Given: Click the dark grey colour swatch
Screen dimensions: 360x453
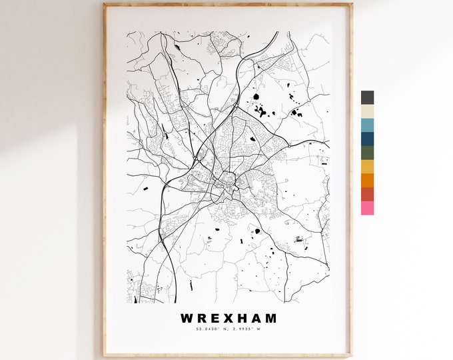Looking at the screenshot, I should [367, 97].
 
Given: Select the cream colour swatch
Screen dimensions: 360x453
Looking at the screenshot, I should [367, 111].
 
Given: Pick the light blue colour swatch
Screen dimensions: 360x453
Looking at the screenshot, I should [367, 125].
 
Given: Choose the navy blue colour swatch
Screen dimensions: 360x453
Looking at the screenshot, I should [367, 139].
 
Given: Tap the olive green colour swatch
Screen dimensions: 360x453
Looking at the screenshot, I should [367, 153].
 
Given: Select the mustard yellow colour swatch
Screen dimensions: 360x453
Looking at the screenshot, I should [367, 167].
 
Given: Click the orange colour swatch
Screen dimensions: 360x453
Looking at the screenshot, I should [367, 180].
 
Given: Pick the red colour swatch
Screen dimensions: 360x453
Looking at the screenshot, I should [367, 194].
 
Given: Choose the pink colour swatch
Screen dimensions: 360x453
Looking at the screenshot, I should [367, 208].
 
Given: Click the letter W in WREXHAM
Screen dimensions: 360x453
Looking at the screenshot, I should [185, 319].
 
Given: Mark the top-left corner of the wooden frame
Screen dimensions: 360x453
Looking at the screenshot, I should [103, 3].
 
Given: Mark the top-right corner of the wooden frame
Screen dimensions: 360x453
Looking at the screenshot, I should [352, 3].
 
